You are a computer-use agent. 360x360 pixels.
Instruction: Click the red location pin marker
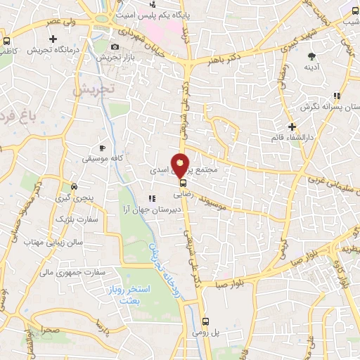pyautogui.click(x=181, y=164)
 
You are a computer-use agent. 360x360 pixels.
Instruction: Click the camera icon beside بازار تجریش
pyautogui.click(x=115, y=47)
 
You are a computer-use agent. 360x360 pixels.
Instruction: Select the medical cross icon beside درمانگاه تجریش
pyautogui.click(x=53, y=38)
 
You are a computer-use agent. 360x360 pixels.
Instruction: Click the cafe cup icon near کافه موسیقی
pyautogui.click(x=102, y=148)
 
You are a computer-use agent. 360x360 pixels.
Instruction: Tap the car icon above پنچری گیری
pyautogui.click(x=74, y=187)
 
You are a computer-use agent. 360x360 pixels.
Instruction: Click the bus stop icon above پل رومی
pyautogui.click(x=205, y=322)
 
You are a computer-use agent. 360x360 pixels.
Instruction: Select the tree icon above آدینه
pyautogui.click(x=311, y=55)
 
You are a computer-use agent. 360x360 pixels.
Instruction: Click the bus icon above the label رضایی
pyautogui.click(x=183, y=183)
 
